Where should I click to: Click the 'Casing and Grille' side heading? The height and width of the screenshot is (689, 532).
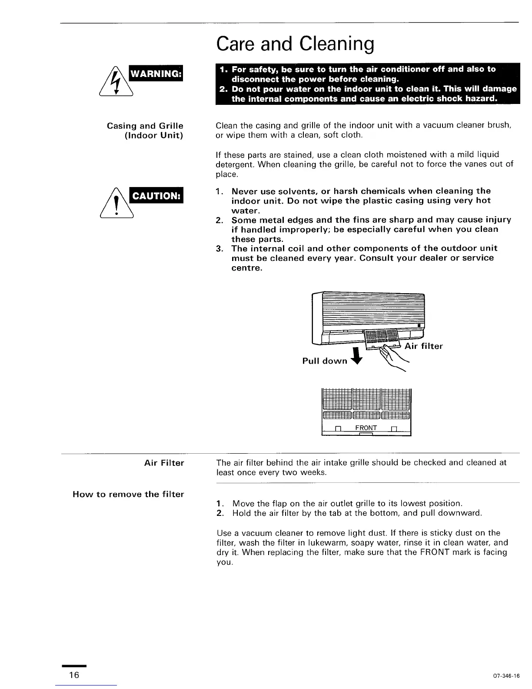[x=145, y=126]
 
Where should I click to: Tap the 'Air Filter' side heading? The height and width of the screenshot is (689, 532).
[x=164, y=463]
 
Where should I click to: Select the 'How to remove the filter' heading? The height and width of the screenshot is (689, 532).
[x=128, y=494]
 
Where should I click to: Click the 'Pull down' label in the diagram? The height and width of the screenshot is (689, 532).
[x=325, y=361]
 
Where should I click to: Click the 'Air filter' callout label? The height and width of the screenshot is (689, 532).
[x=423, y=346]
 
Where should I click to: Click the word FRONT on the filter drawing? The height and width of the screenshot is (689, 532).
[x=366, y=428]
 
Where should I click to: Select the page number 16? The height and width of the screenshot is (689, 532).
[x=74, y=675]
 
